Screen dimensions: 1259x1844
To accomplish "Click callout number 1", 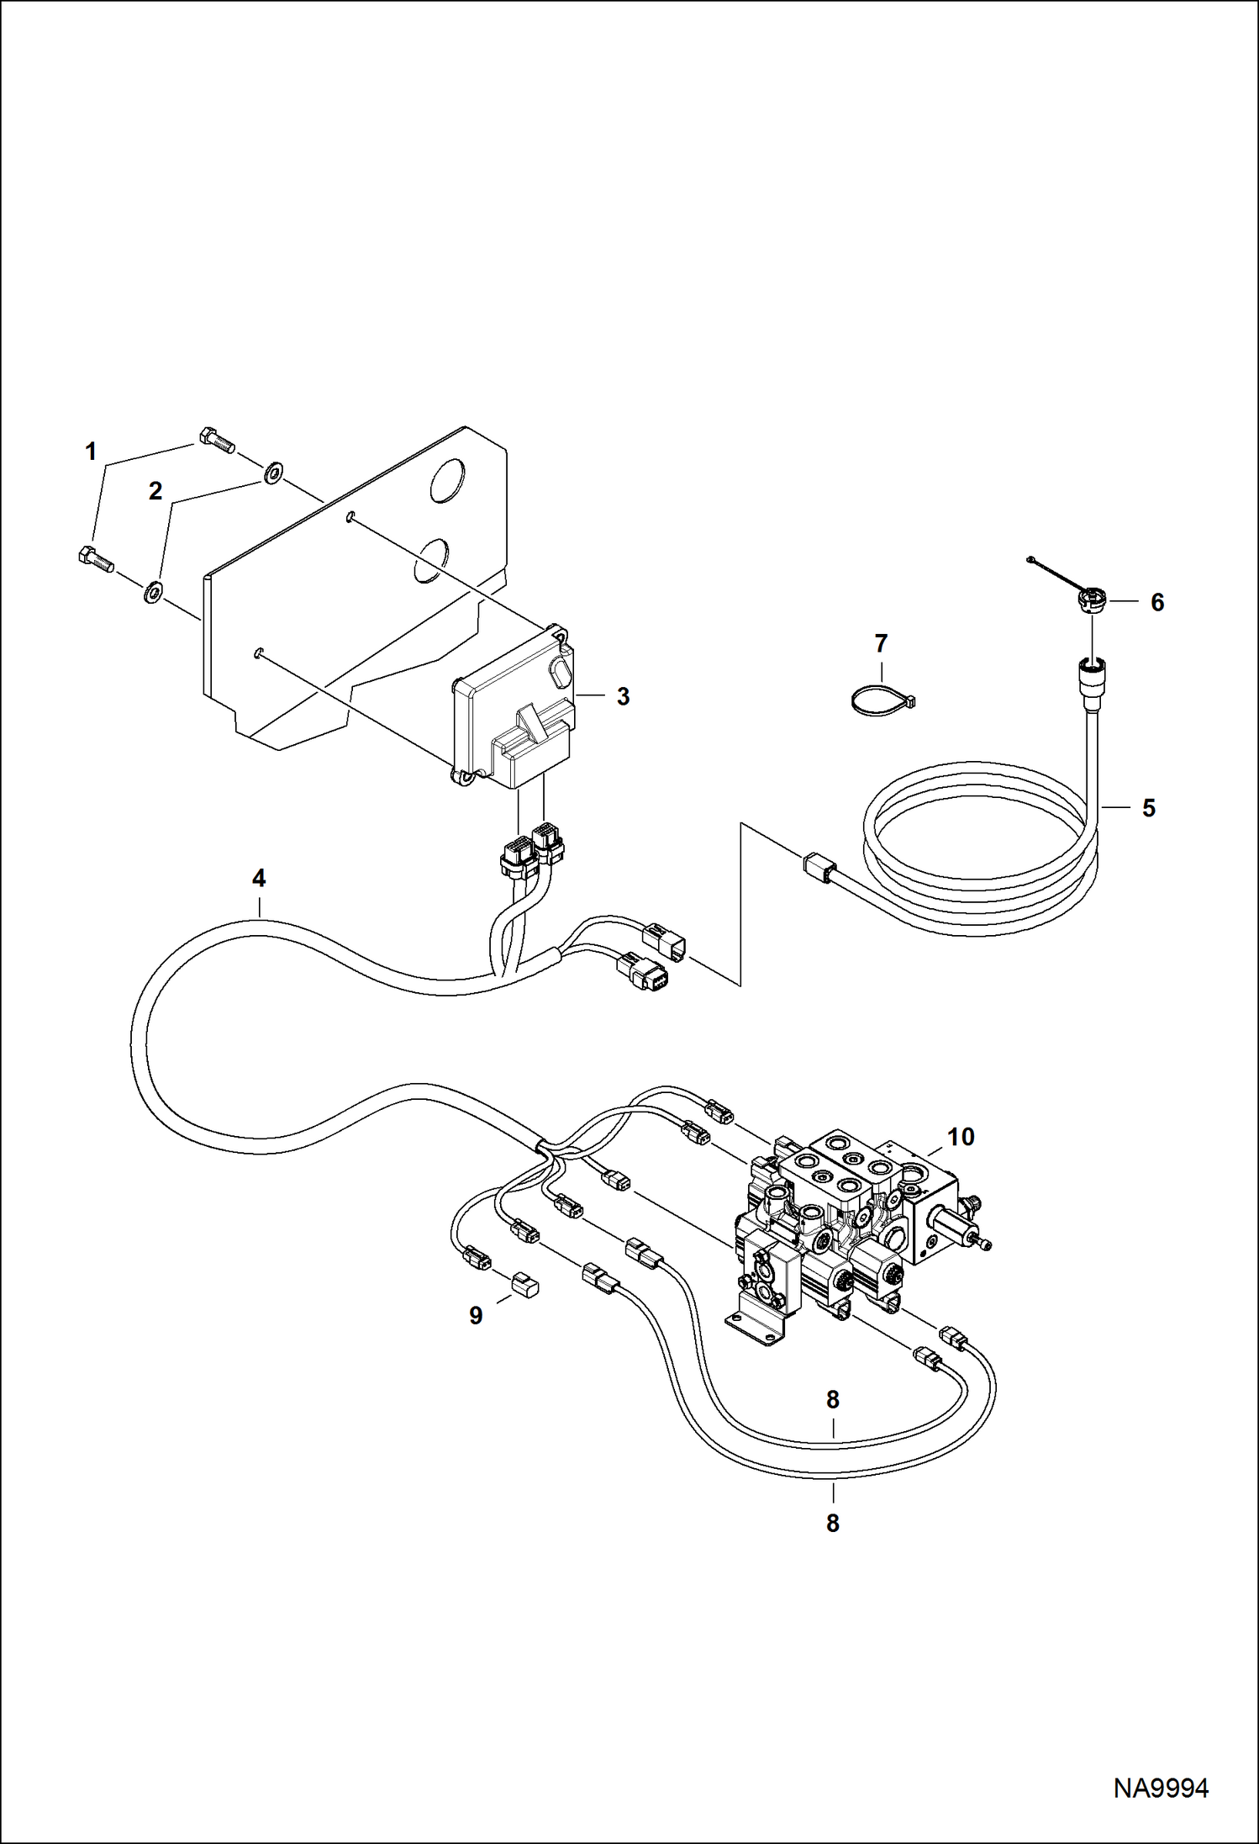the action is point(91,452).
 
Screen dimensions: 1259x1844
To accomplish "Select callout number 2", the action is point(155,490).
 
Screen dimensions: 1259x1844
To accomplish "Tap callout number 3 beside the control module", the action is point(623,696).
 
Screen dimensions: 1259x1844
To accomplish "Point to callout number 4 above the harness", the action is point(259,878).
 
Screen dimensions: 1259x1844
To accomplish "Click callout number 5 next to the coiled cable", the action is point(1149,808).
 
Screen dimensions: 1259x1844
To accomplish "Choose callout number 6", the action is point(1157,602).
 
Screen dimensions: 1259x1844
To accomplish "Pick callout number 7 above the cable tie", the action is point(881,643).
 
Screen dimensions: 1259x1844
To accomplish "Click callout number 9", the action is point(476,1316).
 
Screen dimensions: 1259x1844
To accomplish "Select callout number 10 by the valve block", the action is point(961,1137).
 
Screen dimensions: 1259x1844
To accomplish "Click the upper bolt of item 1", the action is point(217,439).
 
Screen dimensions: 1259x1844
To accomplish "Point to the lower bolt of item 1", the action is point(96,559).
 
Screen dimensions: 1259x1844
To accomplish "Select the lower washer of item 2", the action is point(154,592).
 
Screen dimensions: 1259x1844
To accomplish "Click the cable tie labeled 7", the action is point(880,701).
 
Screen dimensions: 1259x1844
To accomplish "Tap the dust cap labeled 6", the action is point(1091,600).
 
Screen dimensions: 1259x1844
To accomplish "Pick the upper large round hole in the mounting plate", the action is point(446,481).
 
